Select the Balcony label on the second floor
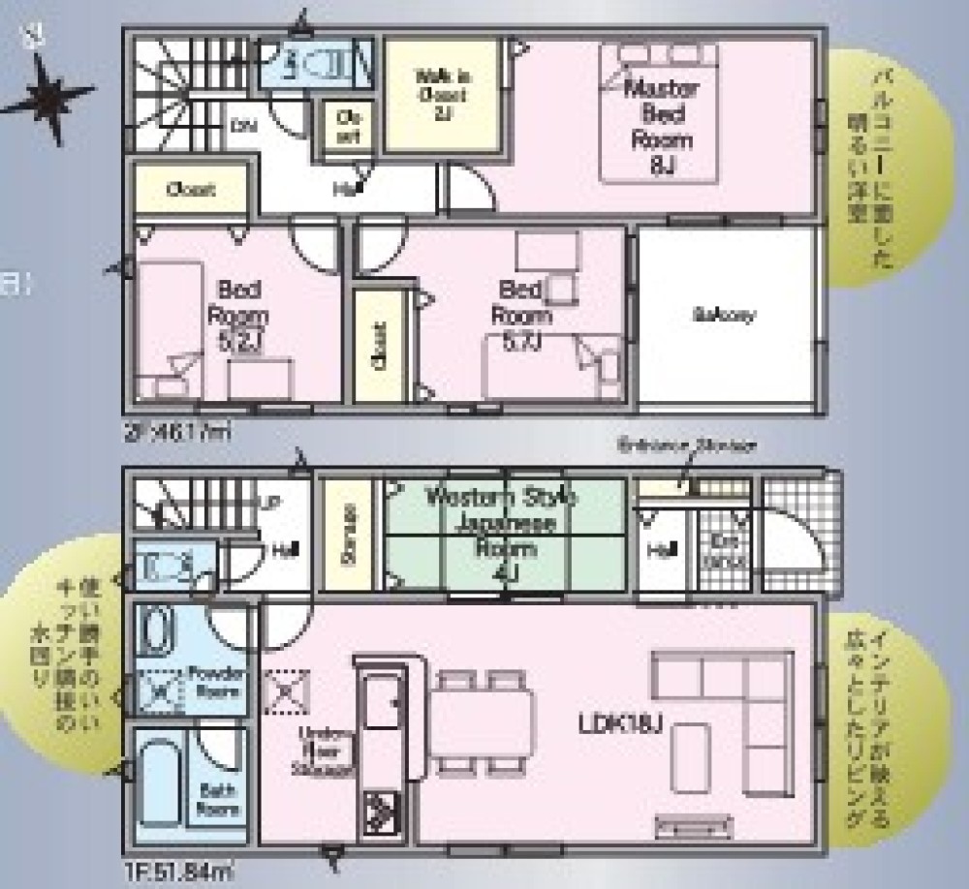(724, 315)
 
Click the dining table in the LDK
(483, 721)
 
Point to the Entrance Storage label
(688, 445)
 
